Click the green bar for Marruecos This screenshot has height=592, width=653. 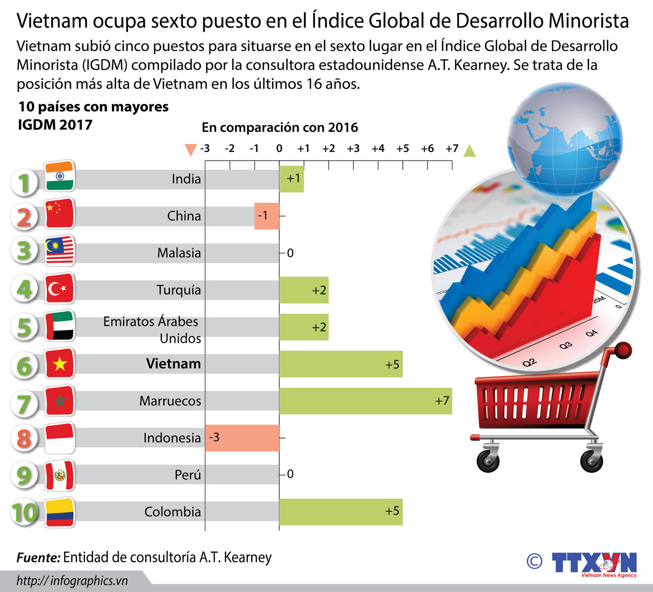[x=365, y=401]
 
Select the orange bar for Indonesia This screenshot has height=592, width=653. [x=242, y=437]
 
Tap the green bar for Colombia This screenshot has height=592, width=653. [x=341, y=512]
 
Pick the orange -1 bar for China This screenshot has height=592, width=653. [x=267, y=216]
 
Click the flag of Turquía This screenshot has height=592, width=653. [x=60, y=288]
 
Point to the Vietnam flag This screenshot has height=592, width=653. [x=60, y=363]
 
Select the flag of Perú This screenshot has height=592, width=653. [x=60, y=475]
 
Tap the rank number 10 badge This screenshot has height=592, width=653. [x=24, y=512]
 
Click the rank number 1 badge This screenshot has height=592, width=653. [x=24, y=183]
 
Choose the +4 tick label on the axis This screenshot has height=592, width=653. [x=378, y=149]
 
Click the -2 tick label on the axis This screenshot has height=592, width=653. [x=230, y=149]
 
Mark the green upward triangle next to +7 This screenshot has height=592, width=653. [x=469, y=151]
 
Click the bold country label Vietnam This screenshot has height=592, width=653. [x=173, y=364]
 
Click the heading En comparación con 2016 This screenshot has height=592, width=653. [x=280, y=127]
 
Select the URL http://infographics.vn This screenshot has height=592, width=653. [x=72, y=580]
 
